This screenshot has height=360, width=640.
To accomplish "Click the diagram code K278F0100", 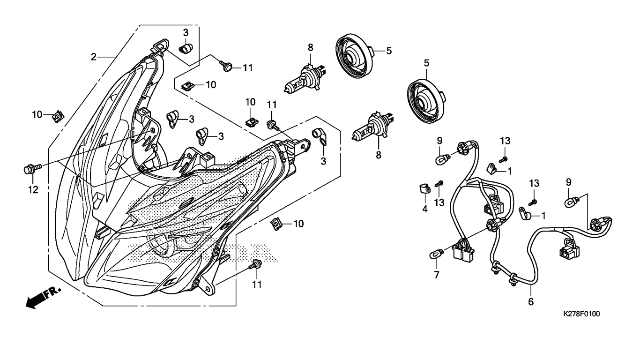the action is point(581,314).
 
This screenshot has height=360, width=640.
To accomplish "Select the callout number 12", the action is point(33,189).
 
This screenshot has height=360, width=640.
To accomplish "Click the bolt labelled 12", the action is point(32,168).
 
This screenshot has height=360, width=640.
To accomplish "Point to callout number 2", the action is point(94,57).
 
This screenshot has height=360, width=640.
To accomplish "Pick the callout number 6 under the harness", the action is point(530,302).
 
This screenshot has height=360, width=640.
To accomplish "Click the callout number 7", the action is point(436,275).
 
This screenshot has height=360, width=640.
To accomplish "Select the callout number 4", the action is point(425,209).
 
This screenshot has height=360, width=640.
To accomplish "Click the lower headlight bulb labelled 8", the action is point(372,127).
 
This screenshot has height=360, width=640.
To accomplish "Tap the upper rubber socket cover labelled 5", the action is point(355,56).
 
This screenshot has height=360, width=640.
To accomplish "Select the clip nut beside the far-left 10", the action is point(58,116).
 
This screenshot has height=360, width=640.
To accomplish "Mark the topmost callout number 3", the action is point(186,32).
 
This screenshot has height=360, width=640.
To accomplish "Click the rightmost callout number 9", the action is point(568,182).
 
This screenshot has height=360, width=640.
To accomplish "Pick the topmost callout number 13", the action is point(505,141).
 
